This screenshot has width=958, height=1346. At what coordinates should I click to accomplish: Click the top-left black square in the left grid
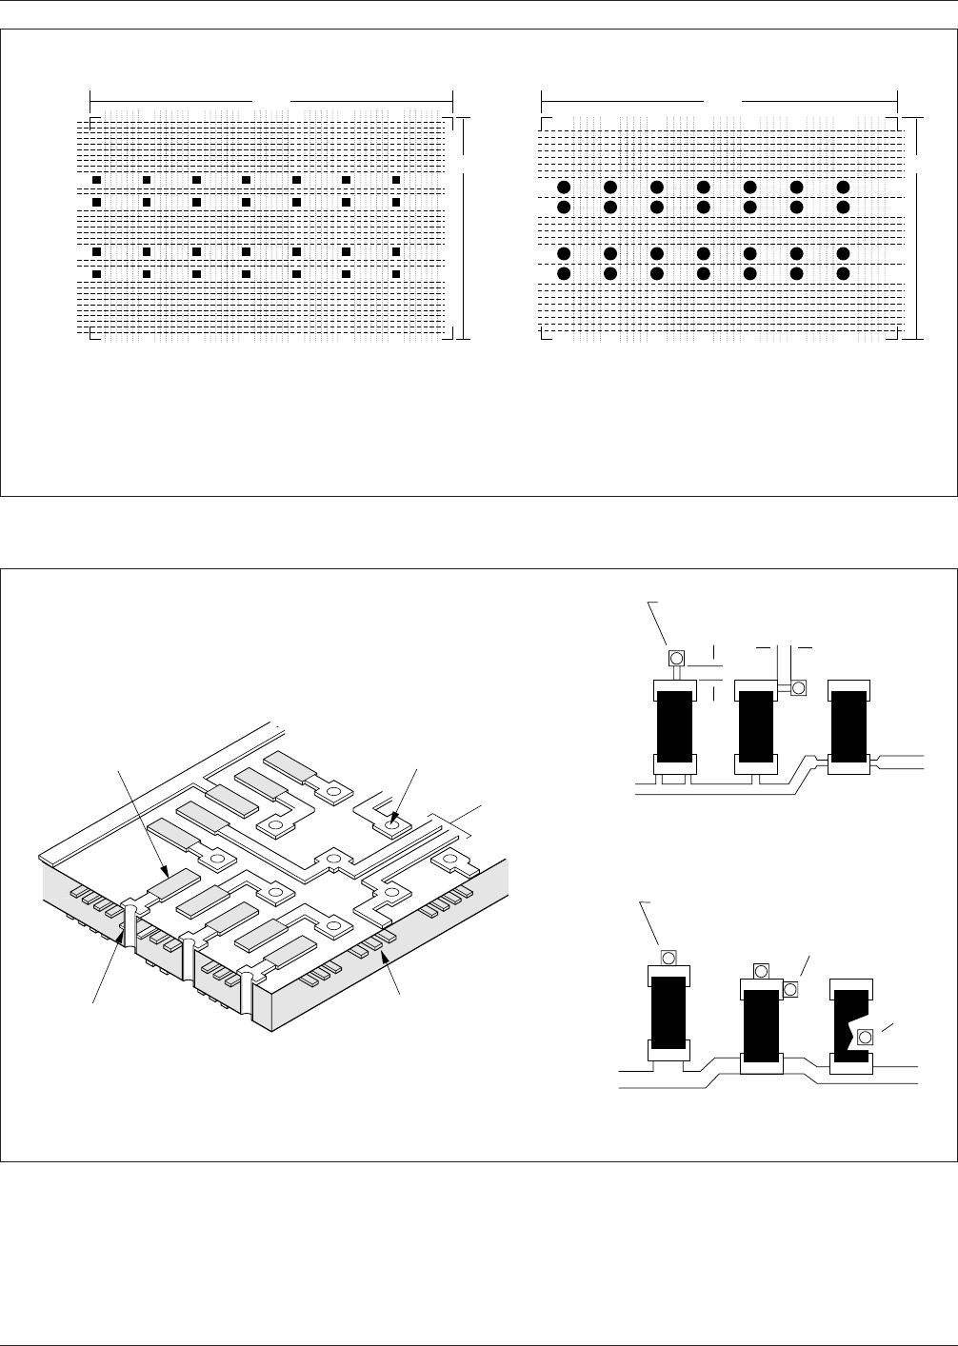96,179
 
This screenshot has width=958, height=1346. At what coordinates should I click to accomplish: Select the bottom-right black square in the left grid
396,274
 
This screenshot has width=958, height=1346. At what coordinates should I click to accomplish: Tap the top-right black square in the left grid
396,179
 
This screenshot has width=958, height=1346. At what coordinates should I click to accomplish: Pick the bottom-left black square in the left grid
96,274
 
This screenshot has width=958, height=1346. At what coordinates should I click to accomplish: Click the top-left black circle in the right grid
564,187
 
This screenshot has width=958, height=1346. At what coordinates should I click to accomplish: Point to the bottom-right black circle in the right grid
843,273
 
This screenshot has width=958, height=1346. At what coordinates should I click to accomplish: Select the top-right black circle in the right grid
843,187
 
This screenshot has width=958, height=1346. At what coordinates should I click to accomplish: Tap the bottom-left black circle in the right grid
564,273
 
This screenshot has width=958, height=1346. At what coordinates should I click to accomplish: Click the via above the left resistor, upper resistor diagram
677,658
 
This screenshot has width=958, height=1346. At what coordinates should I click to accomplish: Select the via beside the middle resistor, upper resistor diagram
798,687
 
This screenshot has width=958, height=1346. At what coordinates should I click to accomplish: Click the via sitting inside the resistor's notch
865,1037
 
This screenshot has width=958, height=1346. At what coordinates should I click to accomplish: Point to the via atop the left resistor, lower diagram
669,957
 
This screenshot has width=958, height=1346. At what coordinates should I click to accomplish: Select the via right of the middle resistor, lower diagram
790,990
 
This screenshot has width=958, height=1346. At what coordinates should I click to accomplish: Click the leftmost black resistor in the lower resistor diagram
669,1013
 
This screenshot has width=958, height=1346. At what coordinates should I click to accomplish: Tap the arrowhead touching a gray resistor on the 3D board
166,872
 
